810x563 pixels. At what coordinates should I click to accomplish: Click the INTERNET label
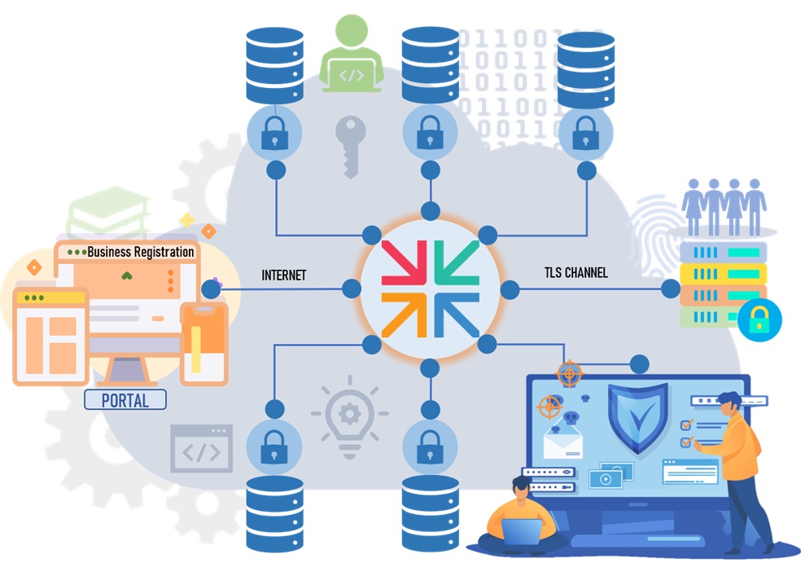[283, 275]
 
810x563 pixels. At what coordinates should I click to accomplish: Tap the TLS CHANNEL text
[576, 273]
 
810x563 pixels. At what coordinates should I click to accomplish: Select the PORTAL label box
[125, 400]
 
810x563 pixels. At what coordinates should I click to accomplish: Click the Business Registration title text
[140, 252]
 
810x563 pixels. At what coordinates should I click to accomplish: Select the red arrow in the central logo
[400, 260]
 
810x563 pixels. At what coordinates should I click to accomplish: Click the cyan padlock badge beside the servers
[759, 320]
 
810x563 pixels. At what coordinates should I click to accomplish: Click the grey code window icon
[201, 448]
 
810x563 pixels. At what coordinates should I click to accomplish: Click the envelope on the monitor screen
[564, 442]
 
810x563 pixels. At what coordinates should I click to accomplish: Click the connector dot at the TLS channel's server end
[671, 288]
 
